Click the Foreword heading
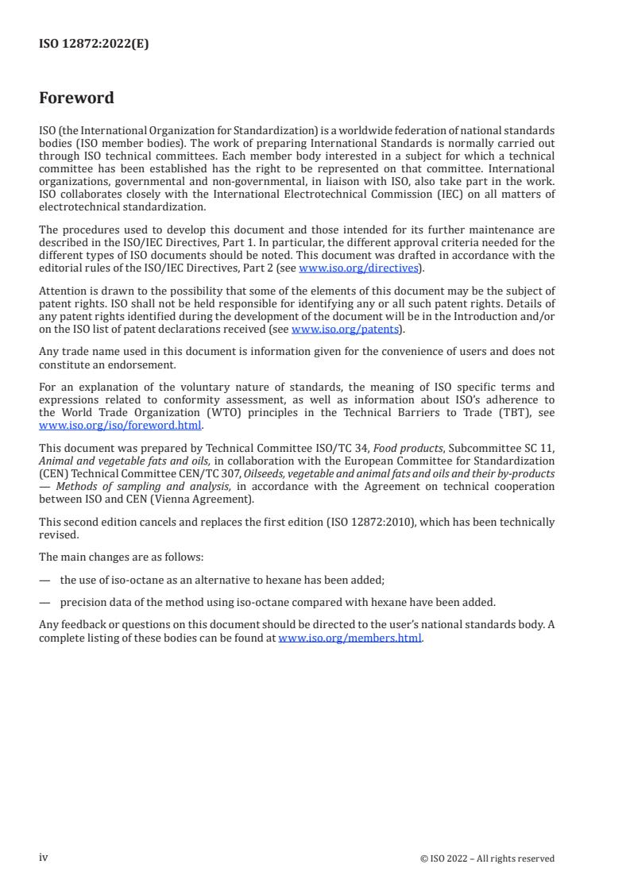tap(76, 98)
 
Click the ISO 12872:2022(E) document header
tap(94, 44)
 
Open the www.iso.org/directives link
tap(358, 268)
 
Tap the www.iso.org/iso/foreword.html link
tap(121, 425)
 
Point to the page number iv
tap(44, 858)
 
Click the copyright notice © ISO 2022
tap(487, 858)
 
